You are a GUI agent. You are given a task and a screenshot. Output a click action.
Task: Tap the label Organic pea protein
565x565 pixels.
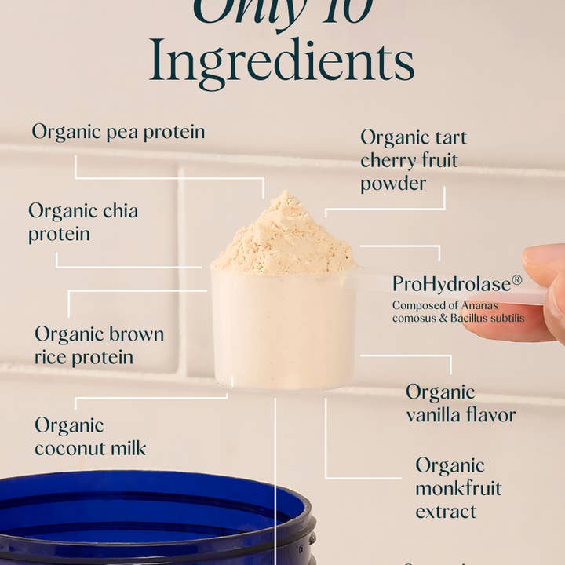coord(118,132)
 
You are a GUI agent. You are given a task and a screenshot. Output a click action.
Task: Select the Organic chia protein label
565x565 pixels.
coord(83,222)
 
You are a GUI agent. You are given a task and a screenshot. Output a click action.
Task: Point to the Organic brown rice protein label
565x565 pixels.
coord(99,345)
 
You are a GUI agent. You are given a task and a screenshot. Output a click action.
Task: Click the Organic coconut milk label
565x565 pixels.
coord(90,436)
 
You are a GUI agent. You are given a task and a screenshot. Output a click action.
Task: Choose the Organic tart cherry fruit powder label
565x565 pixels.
coord(413,160)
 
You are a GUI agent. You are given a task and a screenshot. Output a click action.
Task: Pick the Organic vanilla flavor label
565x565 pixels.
coord(461,403)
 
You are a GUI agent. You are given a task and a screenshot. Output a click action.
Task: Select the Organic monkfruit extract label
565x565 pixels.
coord(458,488)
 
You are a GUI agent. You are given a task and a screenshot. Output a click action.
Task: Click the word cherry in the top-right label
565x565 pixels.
coord(388,160)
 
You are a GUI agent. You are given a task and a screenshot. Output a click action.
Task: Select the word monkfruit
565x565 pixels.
coord(458,488)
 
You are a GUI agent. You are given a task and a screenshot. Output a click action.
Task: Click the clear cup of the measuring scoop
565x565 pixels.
coord(282,330)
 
